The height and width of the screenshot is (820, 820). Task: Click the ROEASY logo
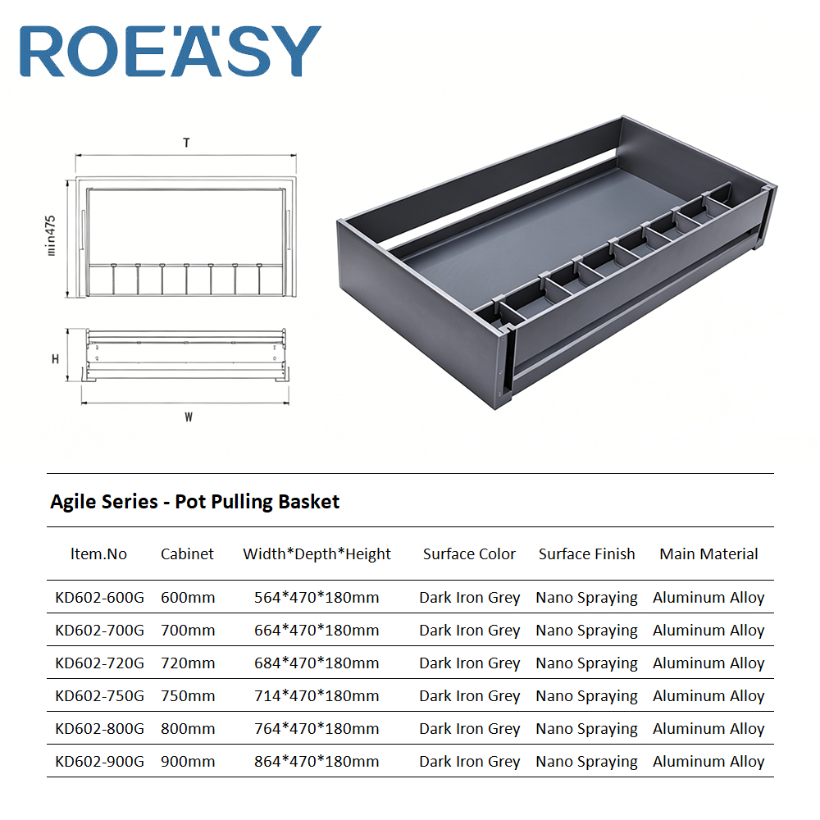(171, 51)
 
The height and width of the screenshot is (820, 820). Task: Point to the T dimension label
(186, 143)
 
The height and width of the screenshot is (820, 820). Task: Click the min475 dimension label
(50, 235)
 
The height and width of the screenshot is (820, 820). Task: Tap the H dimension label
(55, 359)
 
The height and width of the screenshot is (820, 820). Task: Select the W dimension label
(189, 417)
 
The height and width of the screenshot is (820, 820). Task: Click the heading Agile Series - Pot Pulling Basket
(194, 502)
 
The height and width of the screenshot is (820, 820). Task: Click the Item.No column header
(98, 553)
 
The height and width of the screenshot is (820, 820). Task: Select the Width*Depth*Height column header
(317, 554)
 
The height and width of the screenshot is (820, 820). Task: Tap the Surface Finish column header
(587, 553)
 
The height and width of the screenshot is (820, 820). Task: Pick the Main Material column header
(708, 553)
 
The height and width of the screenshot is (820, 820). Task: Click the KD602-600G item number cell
(99, 597)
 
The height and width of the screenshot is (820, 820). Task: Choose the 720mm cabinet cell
(188, 663)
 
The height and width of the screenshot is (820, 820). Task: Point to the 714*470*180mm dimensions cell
(317, 696)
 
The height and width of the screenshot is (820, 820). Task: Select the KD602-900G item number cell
(99, 762)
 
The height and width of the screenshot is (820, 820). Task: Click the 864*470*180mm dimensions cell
(317, 762)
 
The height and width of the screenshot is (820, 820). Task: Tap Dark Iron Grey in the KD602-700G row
(470, 631)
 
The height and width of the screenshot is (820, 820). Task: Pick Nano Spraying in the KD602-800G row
(587, 729)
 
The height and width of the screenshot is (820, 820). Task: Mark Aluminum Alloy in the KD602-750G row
(708, 696)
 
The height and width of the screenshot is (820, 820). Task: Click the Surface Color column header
(469, 553)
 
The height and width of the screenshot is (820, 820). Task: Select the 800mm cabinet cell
(188, 728)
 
